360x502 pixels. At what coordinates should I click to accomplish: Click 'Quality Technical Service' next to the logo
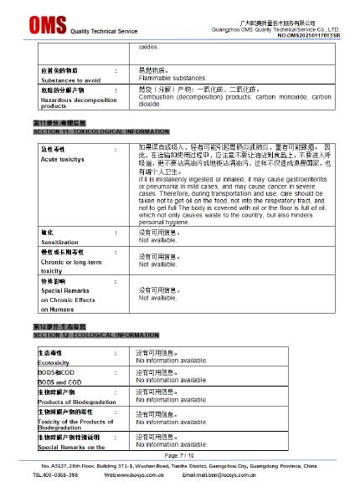[x=103, y=31]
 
